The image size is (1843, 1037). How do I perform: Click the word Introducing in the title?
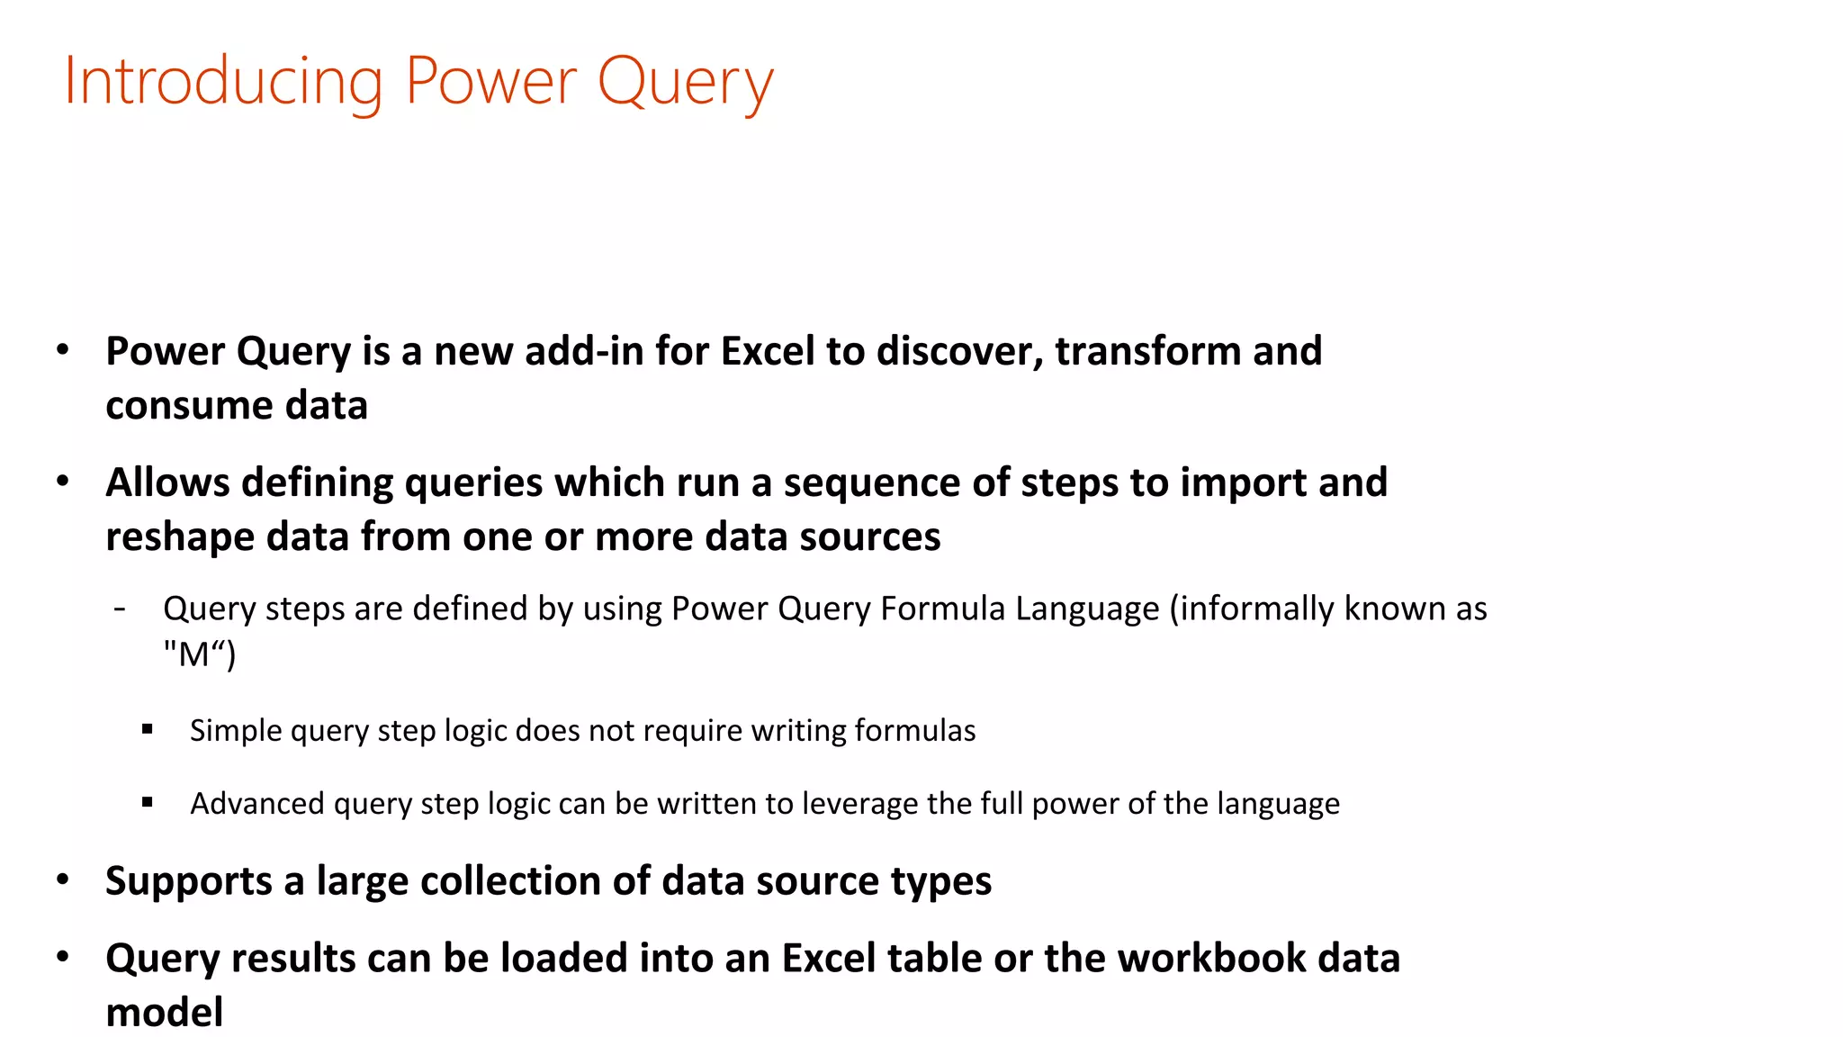(x=224, y=82)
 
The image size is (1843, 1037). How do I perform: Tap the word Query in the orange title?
(x=685, y=82)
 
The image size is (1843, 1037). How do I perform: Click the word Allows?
(x=167, y=482)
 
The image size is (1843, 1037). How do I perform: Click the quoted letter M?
(x=194, y=654)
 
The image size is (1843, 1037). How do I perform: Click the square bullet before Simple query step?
(x=148, y=729)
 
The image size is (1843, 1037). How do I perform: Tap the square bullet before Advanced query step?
(x=148, y=802)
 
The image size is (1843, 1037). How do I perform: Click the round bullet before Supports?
(x=62, y=879)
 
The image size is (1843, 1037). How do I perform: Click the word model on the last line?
(x=164, y=1013)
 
